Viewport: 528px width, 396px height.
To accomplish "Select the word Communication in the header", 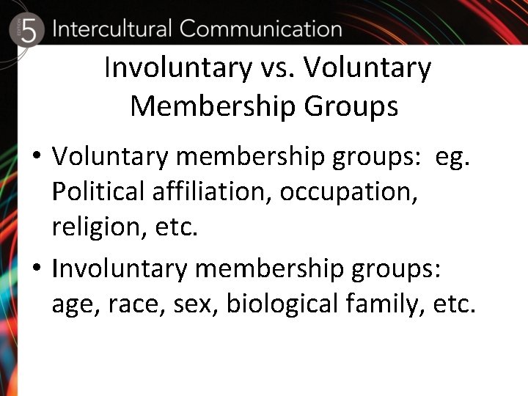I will (260, 29).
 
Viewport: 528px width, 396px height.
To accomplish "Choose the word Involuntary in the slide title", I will (177, 68).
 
